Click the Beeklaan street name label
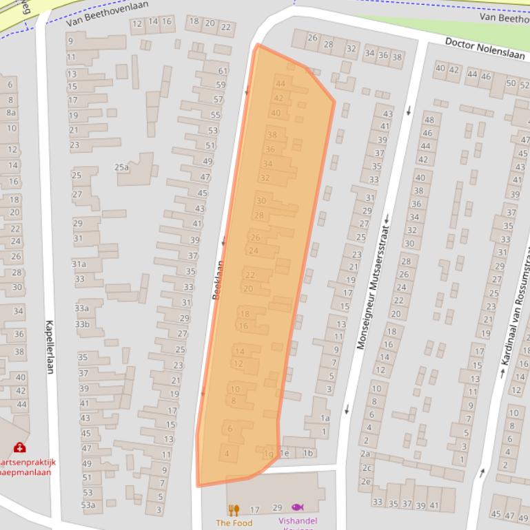[218, 279]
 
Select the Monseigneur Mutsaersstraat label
[371, 281]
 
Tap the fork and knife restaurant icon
[234, 510]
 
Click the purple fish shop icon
[297, 507]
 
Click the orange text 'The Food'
[234, 522]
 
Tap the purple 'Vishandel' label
[297, 521]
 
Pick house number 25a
[121, 167]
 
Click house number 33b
[82, 324]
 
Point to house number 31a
[79, 264]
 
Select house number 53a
[88, 505]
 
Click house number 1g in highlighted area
[269, 454]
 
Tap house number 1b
[308, 453]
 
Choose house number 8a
[11, 113]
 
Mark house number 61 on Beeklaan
[222, 71]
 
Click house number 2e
[365, 482]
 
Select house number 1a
[325, 418]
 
